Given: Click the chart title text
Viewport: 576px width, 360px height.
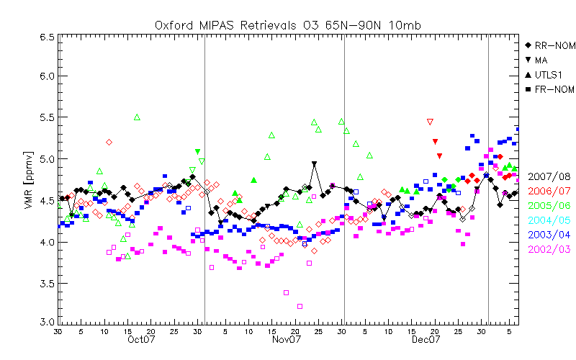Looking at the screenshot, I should tap(288, 25).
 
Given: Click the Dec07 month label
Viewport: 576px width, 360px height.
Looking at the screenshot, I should tap(425, 339).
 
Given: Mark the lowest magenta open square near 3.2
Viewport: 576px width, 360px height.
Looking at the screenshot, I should tap(300, 306).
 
